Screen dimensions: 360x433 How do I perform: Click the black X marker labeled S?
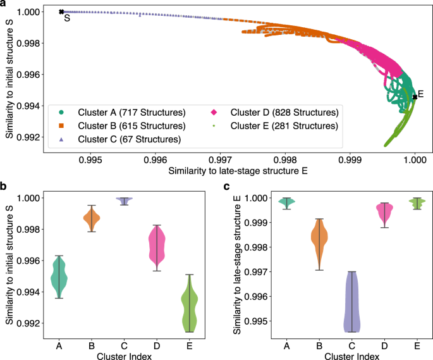(61, 11)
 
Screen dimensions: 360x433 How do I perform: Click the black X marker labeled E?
(415, 97)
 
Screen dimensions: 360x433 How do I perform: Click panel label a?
(4, 4)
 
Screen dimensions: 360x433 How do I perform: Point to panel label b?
(4, 187)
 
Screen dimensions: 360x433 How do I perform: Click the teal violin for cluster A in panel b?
(59, 276)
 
